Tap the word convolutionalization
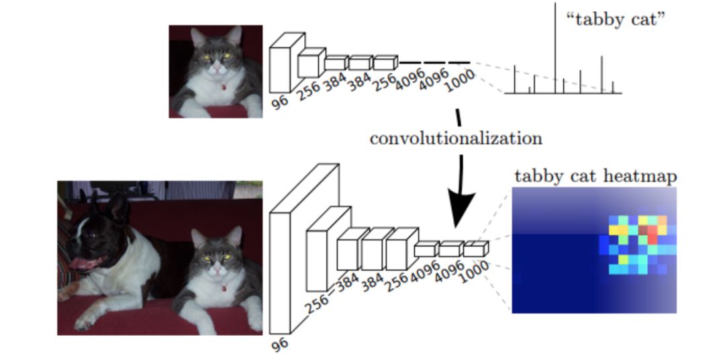click(455, 139)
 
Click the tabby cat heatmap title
click(595, 177)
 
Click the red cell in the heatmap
click(652, 235)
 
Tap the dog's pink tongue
click(81, 263)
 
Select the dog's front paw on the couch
click(85, 321)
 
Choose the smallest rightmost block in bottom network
click(475, 249)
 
